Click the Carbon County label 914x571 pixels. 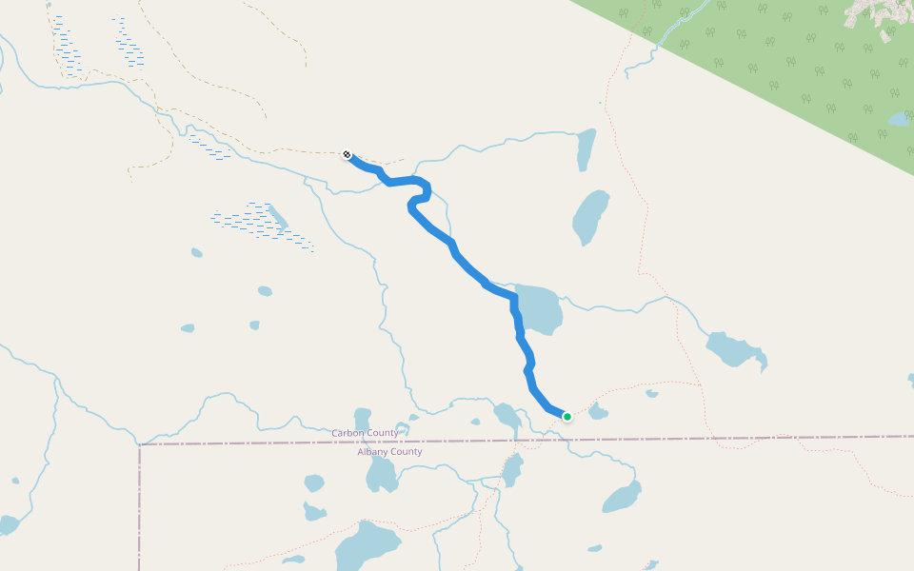tap(365, 433)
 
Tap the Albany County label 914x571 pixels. tap(389, 452)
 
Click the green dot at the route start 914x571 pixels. tap(567, 416)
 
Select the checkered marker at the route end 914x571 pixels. tap(348, 154)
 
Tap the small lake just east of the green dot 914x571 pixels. tap(598, 411)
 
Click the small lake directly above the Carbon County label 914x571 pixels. tap(362, 418)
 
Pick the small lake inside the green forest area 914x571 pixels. tap(899, 120)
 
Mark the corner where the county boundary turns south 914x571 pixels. tap(140, 444)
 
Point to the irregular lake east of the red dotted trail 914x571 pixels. tap(735, 350)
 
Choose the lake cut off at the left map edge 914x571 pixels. tap(8, 524)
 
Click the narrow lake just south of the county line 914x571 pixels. tap(512, 469)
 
